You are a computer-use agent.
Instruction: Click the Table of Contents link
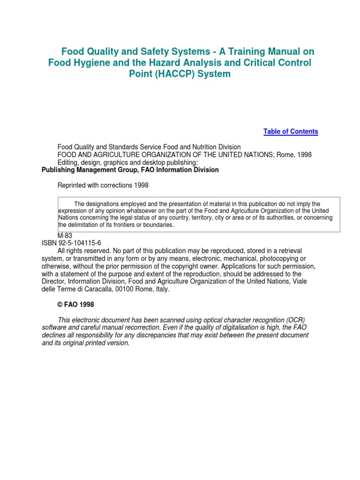[x=291, y=132]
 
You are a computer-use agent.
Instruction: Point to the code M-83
[x=65, y=235]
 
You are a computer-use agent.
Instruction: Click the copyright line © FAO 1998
[x=75, y=305]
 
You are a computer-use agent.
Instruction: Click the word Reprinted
[x=73, y=185]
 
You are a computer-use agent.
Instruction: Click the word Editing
[x=69, y=162]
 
